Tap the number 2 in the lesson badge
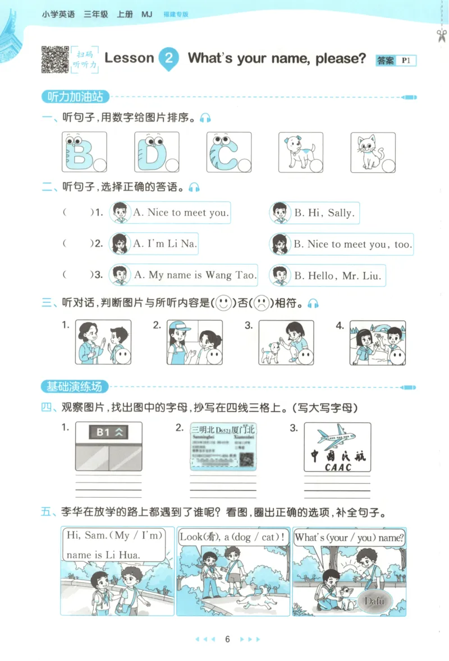click(169, 58)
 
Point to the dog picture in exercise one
click(297, 151)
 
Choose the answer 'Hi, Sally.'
click(324, 213)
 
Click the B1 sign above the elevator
click(109, 432)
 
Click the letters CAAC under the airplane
click(338, 466)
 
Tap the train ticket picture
click(223, 446)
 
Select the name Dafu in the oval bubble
click(374, 601)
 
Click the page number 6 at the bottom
click(227, 639)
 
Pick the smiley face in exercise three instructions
click(224, 303)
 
